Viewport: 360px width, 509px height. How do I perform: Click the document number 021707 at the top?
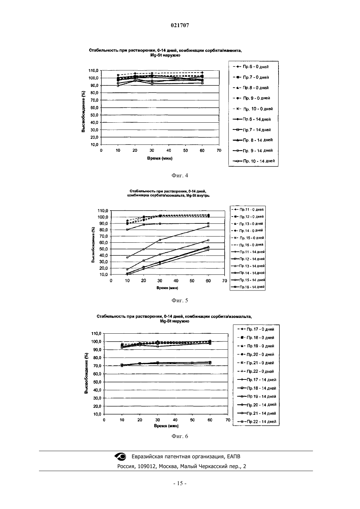(180, 25)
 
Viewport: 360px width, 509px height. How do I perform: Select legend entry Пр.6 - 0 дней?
(251, 67)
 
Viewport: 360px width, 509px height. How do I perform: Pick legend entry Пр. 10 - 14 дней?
(254, 161)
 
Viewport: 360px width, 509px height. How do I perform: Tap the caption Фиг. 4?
(180, 175)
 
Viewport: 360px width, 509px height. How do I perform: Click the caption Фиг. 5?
(180, 301)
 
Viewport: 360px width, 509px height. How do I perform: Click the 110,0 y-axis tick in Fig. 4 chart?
(93, 71)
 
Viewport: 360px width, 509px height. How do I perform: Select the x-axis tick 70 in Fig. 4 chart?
(219, 150)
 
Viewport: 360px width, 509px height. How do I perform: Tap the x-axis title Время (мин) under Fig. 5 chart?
(167, 288)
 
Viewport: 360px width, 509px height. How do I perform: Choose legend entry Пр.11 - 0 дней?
(247, 209)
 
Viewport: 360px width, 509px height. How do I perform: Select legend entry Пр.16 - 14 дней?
(248, 287)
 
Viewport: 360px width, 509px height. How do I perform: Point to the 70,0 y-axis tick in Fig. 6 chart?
(96, 366)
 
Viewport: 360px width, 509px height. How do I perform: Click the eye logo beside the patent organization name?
(120, 456)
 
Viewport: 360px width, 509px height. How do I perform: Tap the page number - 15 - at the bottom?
(180, 483)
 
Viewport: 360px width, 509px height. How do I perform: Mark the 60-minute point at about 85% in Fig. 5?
(208, 226)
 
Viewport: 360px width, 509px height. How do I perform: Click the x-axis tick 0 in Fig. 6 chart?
(104, 420)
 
